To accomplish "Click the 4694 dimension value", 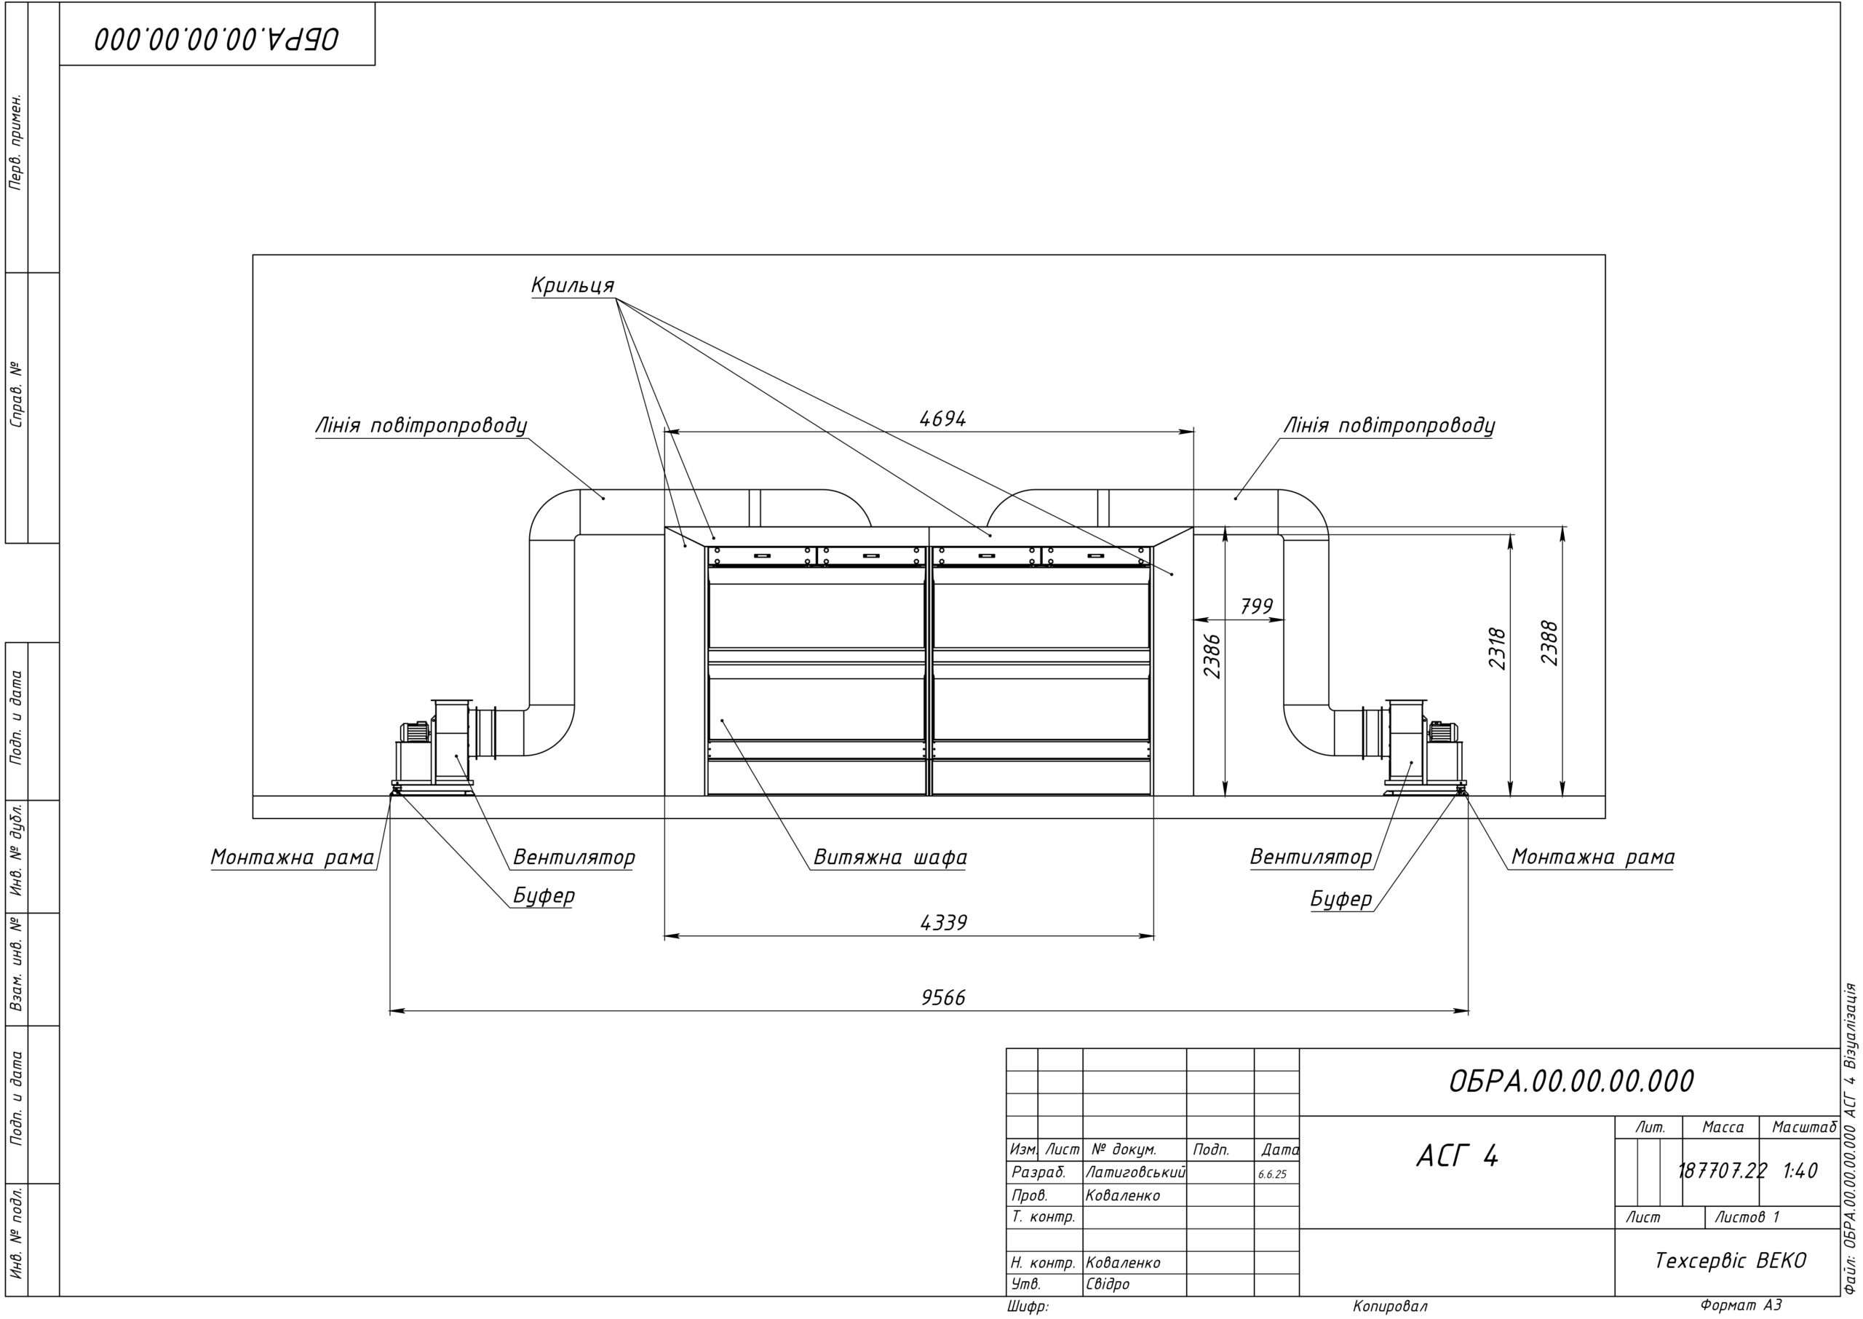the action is [x=942, y=419].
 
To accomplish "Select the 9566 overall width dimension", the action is [x=943, y=997].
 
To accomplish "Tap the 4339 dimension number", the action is [x=943, y=923].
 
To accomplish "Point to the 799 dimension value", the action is [x=1258, y=606].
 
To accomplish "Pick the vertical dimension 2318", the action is [x=1498, y=648].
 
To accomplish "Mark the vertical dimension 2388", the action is [x=1549, y=643].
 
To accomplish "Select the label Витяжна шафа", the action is [x=890, y=857].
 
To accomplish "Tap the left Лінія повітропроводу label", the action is [x=421, y=426].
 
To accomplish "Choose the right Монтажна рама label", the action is [x=1593, y=857].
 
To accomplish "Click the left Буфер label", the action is [x=543, y=895].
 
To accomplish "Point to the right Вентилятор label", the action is [x=1311, y=857].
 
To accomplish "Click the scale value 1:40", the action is [x=1800, y=1171].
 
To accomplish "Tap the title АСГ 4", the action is [x=1458, y=1156].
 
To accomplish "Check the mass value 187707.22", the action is [x=1722, y=1171].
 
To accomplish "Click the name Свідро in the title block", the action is [x=1107, y=1284].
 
